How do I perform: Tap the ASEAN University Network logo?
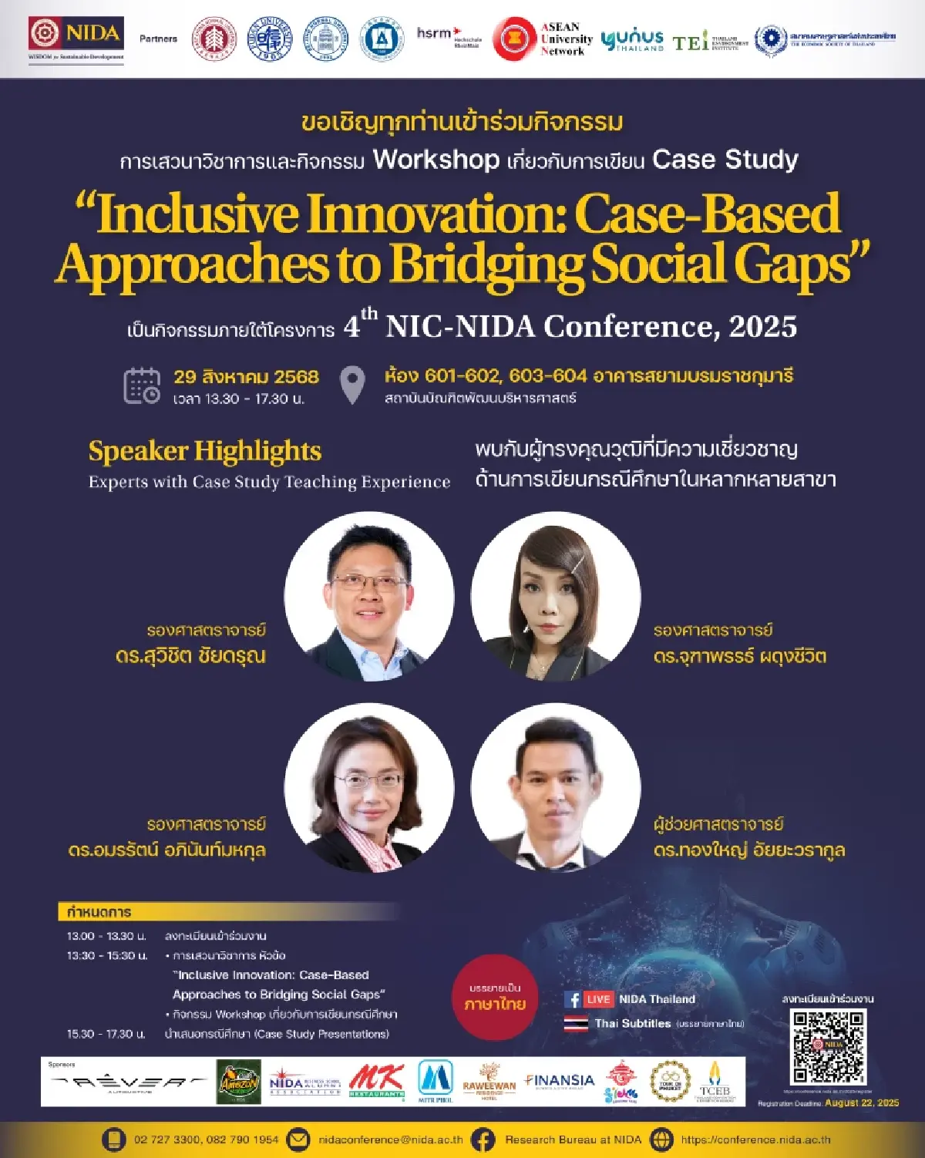[543, 39]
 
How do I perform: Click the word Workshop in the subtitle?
[436, 160]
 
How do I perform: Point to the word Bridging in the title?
[486, 264]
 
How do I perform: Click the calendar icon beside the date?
[142, 385]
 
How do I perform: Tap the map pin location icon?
[352, 385]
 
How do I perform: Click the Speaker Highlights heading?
[204, 451]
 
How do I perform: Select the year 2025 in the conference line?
[762, 327]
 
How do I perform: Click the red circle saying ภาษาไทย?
[494, 998]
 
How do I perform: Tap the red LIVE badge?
[598, 999]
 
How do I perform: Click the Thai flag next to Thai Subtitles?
[576, 1023]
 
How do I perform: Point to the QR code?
[828, 1046]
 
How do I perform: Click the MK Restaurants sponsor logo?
[376, 1081]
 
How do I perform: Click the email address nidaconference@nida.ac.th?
[390, 1139]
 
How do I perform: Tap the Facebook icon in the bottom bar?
[483, 1139]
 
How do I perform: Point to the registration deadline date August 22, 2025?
[862, 1102]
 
